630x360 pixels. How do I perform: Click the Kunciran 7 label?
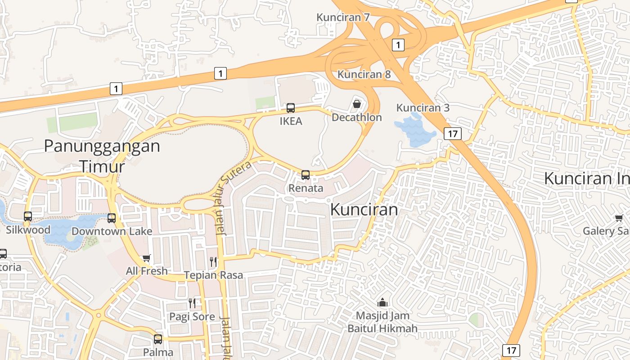(343, 18)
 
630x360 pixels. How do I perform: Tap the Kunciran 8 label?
(364, 74)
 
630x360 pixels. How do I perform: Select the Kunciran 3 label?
(423, 108)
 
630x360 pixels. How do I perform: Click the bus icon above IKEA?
(291, 108)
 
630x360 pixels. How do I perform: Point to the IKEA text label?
(291, 121)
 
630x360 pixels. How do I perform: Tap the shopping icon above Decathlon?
(357, 104)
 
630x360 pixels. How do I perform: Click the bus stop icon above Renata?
(306, 175)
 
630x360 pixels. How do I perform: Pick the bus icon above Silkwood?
(28, 216)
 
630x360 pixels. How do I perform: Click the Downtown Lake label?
(112, 231)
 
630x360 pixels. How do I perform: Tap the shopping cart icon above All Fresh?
(146, 258)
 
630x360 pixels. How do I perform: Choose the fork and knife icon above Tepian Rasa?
(213, 261)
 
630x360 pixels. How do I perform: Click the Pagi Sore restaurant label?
(192, 316)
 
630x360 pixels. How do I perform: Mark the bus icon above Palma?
(158, 339)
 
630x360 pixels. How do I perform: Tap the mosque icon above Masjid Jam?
(382, 302)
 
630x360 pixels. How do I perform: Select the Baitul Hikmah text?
(382, 328)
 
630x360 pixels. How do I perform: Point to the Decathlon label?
(356, 117)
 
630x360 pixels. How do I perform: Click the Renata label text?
(306, 188)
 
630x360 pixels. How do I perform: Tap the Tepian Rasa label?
(213, 275)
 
